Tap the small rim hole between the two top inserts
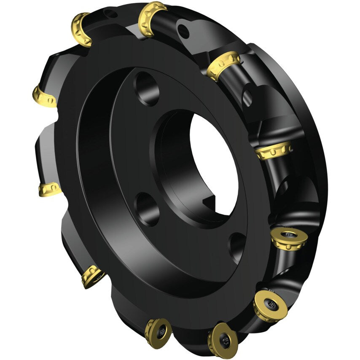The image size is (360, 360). (112, 15)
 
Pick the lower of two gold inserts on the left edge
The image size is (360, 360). (50, 189)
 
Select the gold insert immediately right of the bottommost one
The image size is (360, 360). (270, 304)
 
